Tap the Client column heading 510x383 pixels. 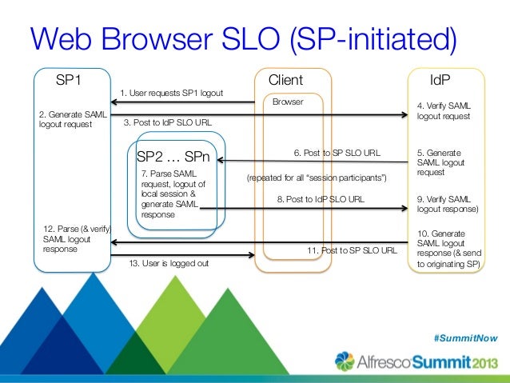point(285,80)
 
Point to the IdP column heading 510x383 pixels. point(440,80)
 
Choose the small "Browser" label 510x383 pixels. point(288,102)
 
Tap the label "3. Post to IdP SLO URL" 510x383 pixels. point(168,123)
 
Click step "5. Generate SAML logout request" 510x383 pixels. point(444,162)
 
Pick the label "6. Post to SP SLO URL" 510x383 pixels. point(337,151)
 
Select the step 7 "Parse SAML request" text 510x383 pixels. point(167,193)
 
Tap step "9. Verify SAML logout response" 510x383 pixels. point(448,204)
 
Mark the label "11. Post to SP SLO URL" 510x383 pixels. point(352,250)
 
